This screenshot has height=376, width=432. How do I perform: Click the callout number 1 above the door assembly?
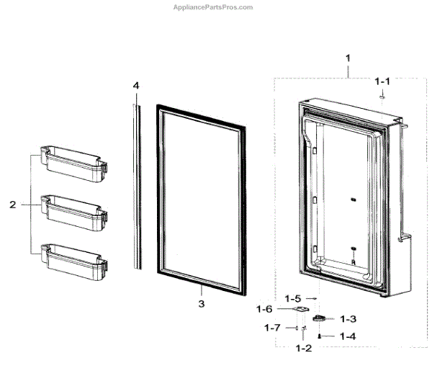(348, 57)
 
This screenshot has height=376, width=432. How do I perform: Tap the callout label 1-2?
(304, 348)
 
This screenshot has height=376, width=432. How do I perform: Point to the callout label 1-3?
(348, 318)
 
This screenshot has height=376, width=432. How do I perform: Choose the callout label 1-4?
(348, 336)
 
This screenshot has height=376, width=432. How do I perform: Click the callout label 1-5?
(292, 298)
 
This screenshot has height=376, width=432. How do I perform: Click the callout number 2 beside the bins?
(12, 205)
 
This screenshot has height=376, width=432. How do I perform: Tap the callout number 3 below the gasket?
(202, 304)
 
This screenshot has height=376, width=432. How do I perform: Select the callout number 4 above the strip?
(135, 85)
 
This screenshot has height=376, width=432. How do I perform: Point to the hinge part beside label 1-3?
(320, 317)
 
